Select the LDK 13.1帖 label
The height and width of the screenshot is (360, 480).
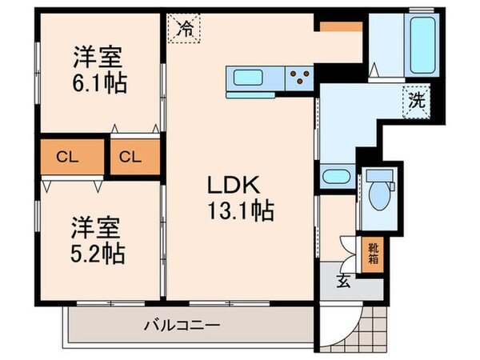241,198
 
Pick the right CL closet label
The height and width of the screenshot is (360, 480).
130,158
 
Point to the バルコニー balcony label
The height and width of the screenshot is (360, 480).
182,326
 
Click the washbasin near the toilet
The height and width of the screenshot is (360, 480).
335,178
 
